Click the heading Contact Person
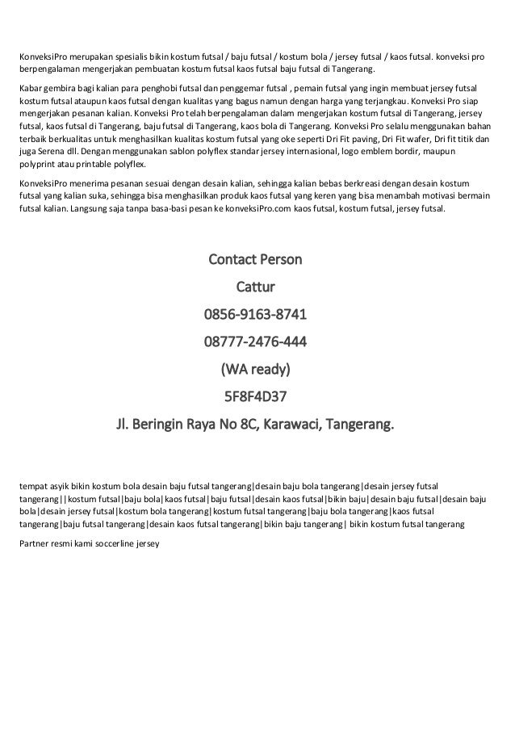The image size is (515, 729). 255,261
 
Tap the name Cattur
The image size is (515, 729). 255,287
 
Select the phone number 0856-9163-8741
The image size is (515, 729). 255,314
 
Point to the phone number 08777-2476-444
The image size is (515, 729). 255,341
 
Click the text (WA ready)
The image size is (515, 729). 255,369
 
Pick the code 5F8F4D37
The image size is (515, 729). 255,396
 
